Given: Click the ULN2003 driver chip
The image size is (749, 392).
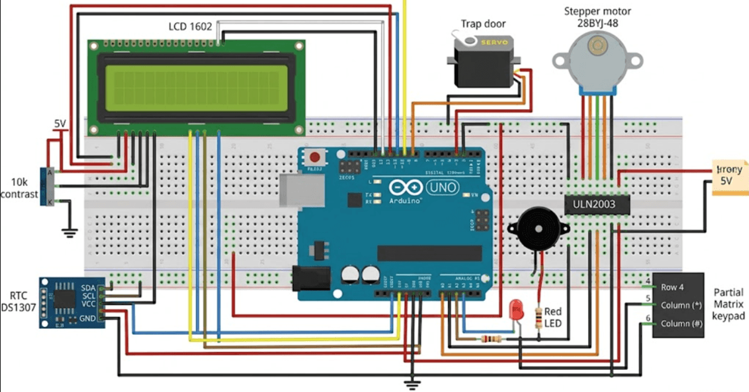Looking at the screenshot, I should coord(596,203).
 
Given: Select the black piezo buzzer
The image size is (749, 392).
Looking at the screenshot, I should coord(536,228).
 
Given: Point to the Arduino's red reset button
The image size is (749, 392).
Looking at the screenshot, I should coord(316,158).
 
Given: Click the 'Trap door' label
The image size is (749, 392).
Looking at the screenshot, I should coord(483,24).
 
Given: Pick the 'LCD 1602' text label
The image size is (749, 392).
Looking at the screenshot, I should coord(190,27).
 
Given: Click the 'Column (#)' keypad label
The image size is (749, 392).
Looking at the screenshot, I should coord(681,324).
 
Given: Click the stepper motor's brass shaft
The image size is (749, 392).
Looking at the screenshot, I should coord(598,45).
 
